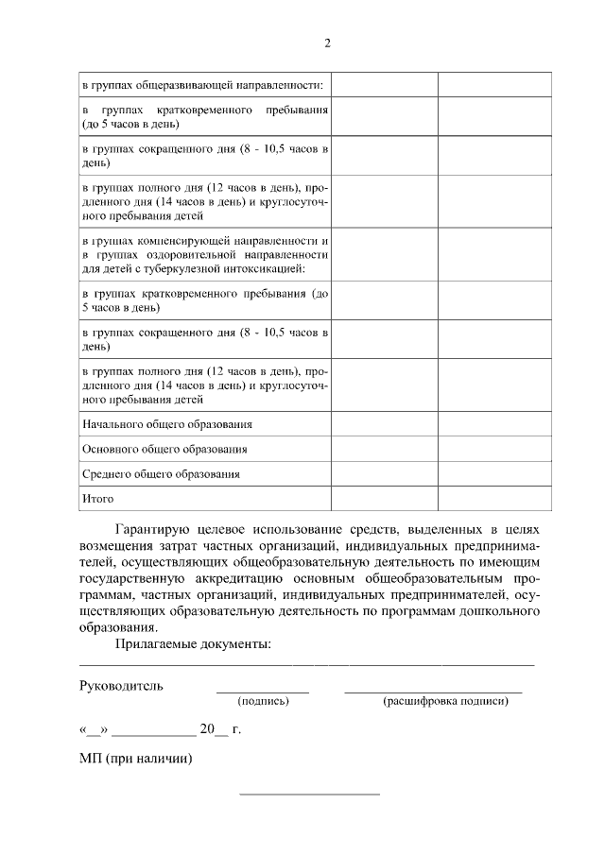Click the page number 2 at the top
(x=327, y=43)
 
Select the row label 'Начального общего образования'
(x=167, y=425)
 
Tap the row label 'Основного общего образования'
(x=164, y=450)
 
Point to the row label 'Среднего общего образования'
(x=161, y=474)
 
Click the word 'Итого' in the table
(x=97, y=498)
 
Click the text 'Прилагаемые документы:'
(x=193, y=644)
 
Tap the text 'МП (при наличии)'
(x=136, y=758)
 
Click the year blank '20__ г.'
(x=220, y=729)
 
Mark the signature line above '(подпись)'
(x=263, y=693)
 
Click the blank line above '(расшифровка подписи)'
(x=433, y=693)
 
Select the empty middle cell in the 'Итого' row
(x=384, y=498)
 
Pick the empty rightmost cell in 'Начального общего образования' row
(x=494, y=425)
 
